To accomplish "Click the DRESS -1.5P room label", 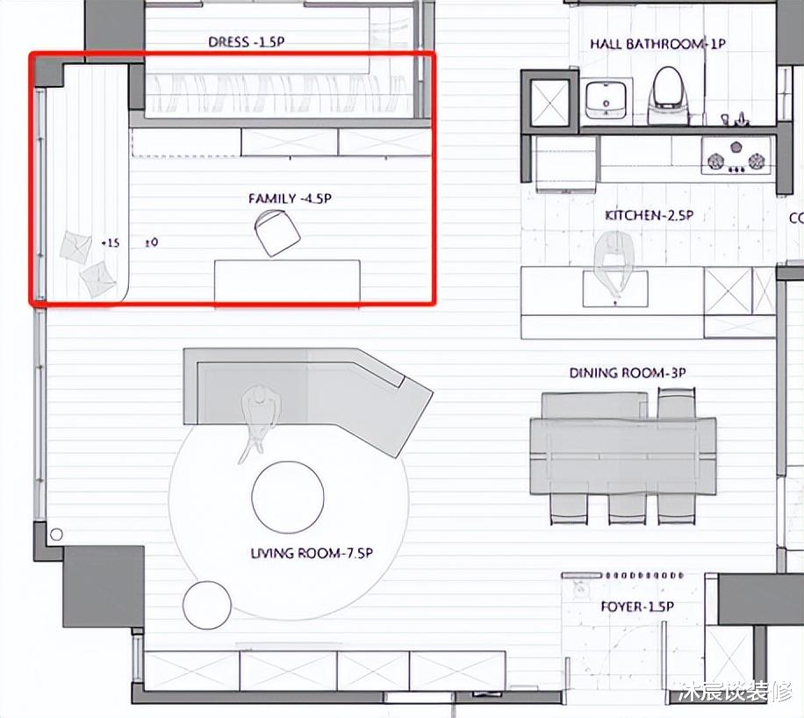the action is tap(246, 41).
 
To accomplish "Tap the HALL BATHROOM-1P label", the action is tap(658, 44).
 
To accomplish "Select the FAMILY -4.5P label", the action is tap(290, 198).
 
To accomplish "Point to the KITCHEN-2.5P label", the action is tap(650, 215).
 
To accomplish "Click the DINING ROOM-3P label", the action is tap(628, 373).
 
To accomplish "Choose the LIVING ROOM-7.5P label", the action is tap(312, 553).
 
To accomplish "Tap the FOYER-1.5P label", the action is tap(637, 607).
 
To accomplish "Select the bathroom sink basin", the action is tap(607, 99).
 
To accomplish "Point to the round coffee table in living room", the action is tap(288, 497).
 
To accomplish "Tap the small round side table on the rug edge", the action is tap(207, 605).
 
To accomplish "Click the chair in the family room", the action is tap(277, 233).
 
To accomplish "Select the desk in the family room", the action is tap(287, 281).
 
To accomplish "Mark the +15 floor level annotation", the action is tap(111, 242).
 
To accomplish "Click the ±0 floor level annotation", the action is tap(152, 242).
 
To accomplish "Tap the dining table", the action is tap(623, 456).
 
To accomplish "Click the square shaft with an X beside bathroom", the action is tap(550, 103).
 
